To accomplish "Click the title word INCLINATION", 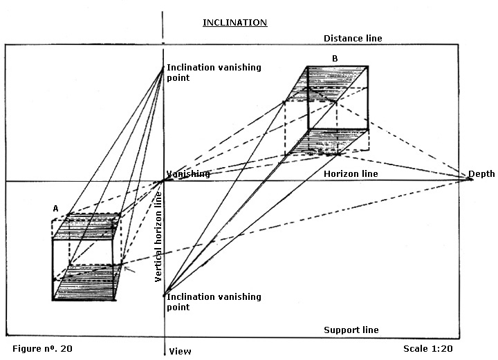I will coord(234,22).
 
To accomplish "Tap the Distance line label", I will coord(353,39).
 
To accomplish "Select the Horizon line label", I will coord(351,173).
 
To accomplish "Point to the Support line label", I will coord(351,330).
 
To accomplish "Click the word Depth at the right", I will coord(481,173).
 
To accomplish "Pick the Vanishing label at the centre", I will coord(187,174).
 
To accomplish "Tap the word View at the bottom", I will coord(180,351).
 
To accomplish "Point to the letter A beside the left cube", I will coord(55,207).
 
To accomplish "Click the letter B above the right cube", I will coord(335,59).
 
